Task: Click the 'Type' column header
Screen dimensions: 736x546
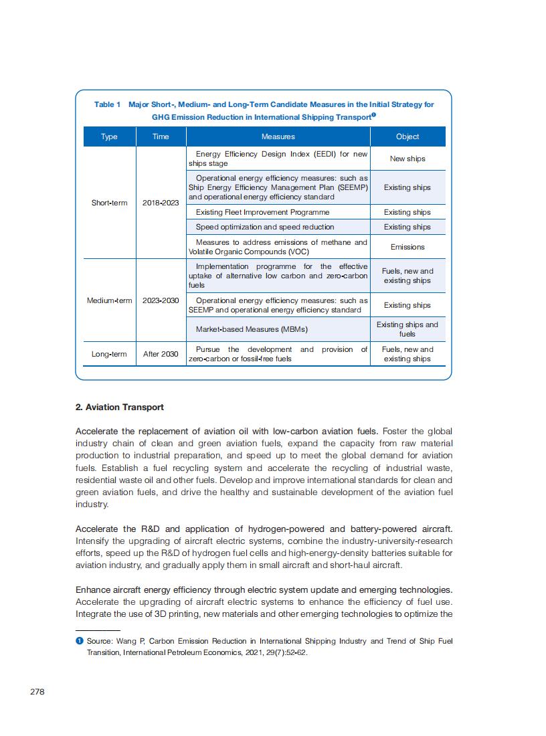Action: click(109, 136)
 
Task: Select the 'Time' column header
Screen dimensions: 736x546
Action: click(161, 136)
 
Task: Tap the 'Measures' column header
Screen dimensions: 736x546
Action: click(278, 136)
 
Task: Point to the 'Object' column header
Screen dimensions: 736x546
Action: click(407, 136)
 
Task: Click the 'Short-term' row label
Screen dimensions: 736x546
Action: click(109, 203)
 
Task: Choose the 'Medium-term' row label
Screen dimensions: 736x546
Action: click(109, 300)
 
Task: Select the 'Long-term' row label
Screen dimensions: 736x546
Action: click(109, 354)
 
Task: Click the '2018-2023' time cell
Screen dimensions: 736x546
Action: click(161, 203)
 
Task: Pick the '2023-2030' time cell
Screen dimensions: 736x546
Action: click(161, 300)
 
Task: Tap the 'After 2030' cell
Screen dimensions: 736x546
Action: click(161, 354)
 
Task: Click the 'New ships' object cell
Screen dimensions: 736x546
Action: click(407, 159)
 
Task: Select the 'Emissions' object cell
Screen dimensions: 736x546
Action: click(407, 247)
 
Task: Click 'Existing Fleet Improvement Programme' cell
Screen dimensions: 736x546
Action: click(262, 212)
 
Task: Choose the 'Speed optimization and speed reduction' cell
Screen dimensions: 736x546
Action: click(264, 227)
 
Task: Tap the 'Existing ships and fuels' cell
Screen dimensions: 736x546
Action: click(407, 329)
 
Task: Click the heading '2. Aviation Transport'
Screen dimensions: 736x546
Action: click(120, 407)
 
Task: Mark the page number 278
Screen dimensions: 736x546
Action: click(37, 692)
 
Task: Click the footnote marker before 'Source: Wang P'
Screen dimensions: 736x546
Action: click(79, 641)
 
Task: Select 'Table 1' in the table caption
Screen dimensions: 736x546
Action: click(107, 104)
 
